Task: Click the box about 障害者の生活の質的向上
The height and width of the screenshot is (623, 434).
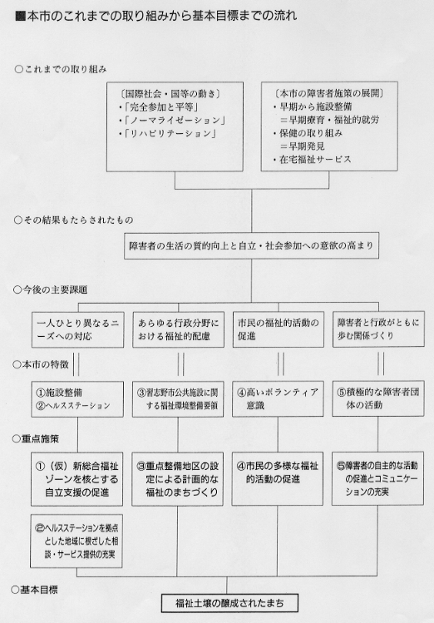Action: pos(251,245)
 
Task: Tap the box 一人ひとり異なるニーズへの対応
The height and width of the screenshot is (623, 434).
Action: pos(77,329)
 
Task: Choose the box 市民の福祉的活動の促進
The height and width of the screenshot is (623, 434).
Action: pos(278,329)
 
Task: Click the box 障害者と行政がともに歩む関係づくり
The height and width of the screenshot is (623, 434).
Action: pos(378,329)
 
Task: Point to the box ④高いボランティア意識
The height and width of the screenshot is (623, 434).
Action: pos(278,399)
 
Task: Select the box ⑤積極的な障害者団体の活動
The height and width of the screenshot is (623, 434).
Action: pos(378,398)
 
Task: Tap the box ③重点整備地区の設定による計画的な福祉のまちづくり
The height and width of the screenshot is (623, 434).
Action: pos(177,479)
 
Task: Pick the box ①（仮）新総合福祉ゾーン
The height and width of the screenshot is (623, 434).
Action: pos(77,479)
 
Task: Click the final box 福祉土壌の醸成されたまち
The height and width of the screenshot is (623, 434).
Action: pos(229,603)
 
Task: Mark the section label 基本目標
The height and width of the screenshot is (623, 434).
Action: pos(34,590)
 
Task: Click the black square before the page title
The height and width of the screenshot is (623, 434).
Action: pos(20,17)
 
